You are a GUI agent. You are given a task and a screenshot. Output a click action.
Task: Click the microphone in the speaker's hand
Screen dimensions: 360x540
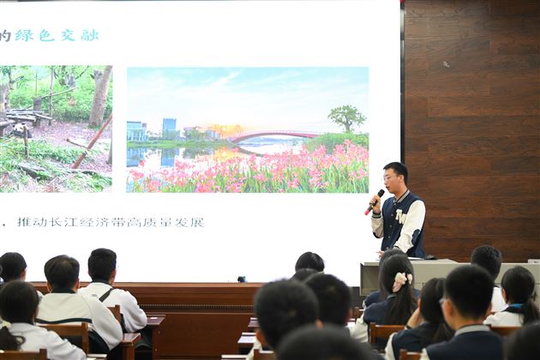375,201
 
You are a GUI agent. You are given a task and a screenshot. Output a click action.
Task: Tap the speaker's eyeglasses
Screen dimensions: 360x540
392,178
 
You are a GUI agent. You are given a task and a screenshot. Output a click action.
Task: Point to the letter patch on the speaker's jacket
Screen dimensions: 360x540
400,217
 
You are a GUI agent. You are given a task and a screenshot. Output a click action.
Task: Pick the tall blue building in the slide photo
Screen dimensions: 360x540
169,129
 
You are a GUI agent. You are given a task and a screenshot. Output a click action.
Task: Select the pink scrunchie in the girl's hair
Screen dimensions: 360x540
401,279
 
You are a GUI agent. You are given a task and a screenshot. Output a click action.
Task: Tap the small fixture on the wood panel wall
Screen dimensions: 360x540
445,64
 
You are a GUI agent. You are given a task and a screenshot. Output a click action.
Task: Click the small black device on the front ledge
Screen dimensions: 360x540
242,279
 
